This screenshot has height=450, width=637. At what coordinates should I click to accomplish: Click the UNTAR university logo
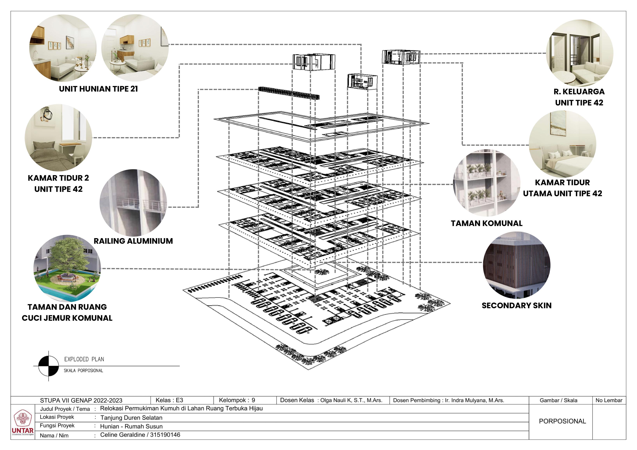point(23,421)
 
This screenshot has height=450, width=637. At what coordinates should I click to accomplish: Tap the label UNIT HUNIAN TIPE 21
point(98,89)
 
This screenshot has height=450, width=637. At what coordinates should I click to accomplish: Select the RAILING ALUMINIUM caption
point(133,241)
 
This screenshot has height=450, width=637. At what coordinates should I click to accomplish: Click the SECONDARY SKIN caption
point(517,306)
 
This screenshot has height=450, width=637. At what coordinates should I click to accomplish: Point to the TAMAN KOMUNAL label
point(487,223)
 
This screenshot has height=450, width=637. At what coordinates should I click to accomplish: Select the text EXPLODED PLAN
point(84,359)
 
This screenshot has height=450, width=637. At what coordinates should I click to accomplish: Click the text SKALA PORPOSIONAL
point(83,371)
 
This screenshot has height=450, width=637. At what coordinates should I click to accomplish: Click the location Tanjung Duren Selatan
point(131,418)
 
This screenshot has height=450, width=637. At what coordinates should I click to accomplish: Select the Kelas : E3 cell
point(169,400)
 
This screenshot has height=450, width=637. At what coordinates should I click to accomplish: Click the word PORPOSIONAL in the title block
point(562,421)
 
